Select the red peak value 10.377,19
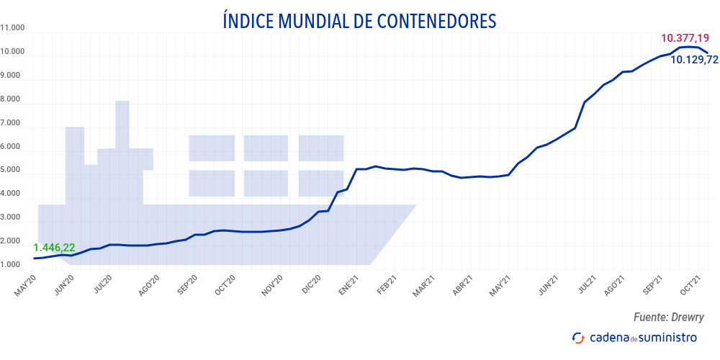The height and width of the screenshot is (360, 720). tap(685, 37)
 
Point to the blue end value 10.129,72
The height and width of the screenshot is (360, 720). tap(694, 60)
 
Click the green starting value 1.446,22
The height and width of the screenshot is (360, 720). tap(54, 248)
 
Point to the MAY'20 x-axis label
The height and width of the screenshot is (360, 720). tap(25, 287)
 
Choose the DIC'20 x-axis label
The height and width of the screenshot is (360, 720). tap(310, 287)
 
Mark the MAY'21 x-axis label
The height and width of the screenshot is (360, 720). tap(500, 287)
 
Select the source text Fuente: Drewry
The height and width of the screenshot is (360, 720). tap(668, 317)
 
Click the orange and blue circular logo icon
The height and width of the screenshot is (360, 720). tap(577, 337)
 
